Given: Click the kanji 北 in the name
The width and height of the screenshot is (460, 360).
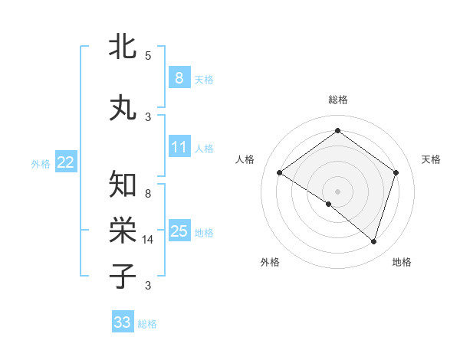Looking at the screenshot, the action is pyautogui.click(x=123, y=47).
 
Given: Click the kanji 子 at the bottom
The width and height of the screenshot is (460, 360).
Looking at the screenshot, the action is pyautogui.click(x=123, y=275).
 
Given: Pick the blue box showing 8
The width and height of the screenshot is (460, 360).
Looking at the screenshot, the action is pyautogui.click(x=179, y=78).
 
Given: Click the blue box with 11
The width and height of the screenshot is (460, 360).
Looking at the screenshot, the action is pyautogui.click(x=179, y=147).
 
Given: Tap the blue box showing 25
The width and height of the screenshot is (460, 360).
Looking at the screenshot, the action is pyautogui.click(x=179, y=231).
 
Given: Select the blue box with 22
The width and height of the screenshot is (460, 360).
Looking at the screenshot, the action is pyautogui.click(x=66, y=162).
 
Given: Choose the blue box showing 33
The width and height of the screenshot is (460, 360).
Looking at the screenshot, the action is pyautogui.click(x=122, y=322).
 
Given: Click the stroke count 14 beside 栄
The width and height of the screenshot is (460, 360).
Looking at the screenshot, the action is pyautogui.click(x=148, y=240).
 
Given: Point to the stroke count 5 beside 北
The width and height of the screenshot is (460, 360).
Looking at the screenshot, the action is pyautogui.click(x=148, y=55).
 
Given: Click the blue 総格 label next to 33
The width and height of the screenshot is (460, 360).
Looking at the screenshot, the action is pyautogui.click(x=147, y=324).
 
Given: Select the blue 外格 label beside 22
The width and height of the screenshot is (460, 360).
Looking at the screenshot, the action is pyautogui.click(x=41, y=163).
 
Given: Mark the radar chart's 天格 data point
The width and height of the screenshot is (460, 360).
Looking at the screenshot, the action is pyautogui.click(x=396, y=172).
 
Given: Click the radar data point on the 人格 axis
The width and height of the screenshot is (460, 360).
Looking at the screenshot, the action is pyautogui.click(x=280, y=173).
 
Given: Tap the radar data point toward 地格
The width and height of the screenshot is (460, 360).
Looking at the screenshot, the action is pyautogui.click(x=373, y=241).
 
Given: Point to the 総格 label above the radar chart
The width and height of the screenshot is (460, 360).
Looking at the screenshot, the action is pyautogui.click(x=337, y=100).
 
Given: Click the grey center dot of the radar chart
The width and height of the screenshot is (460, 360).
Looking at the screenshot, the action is pyautogui.click(x=337, y=191).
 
